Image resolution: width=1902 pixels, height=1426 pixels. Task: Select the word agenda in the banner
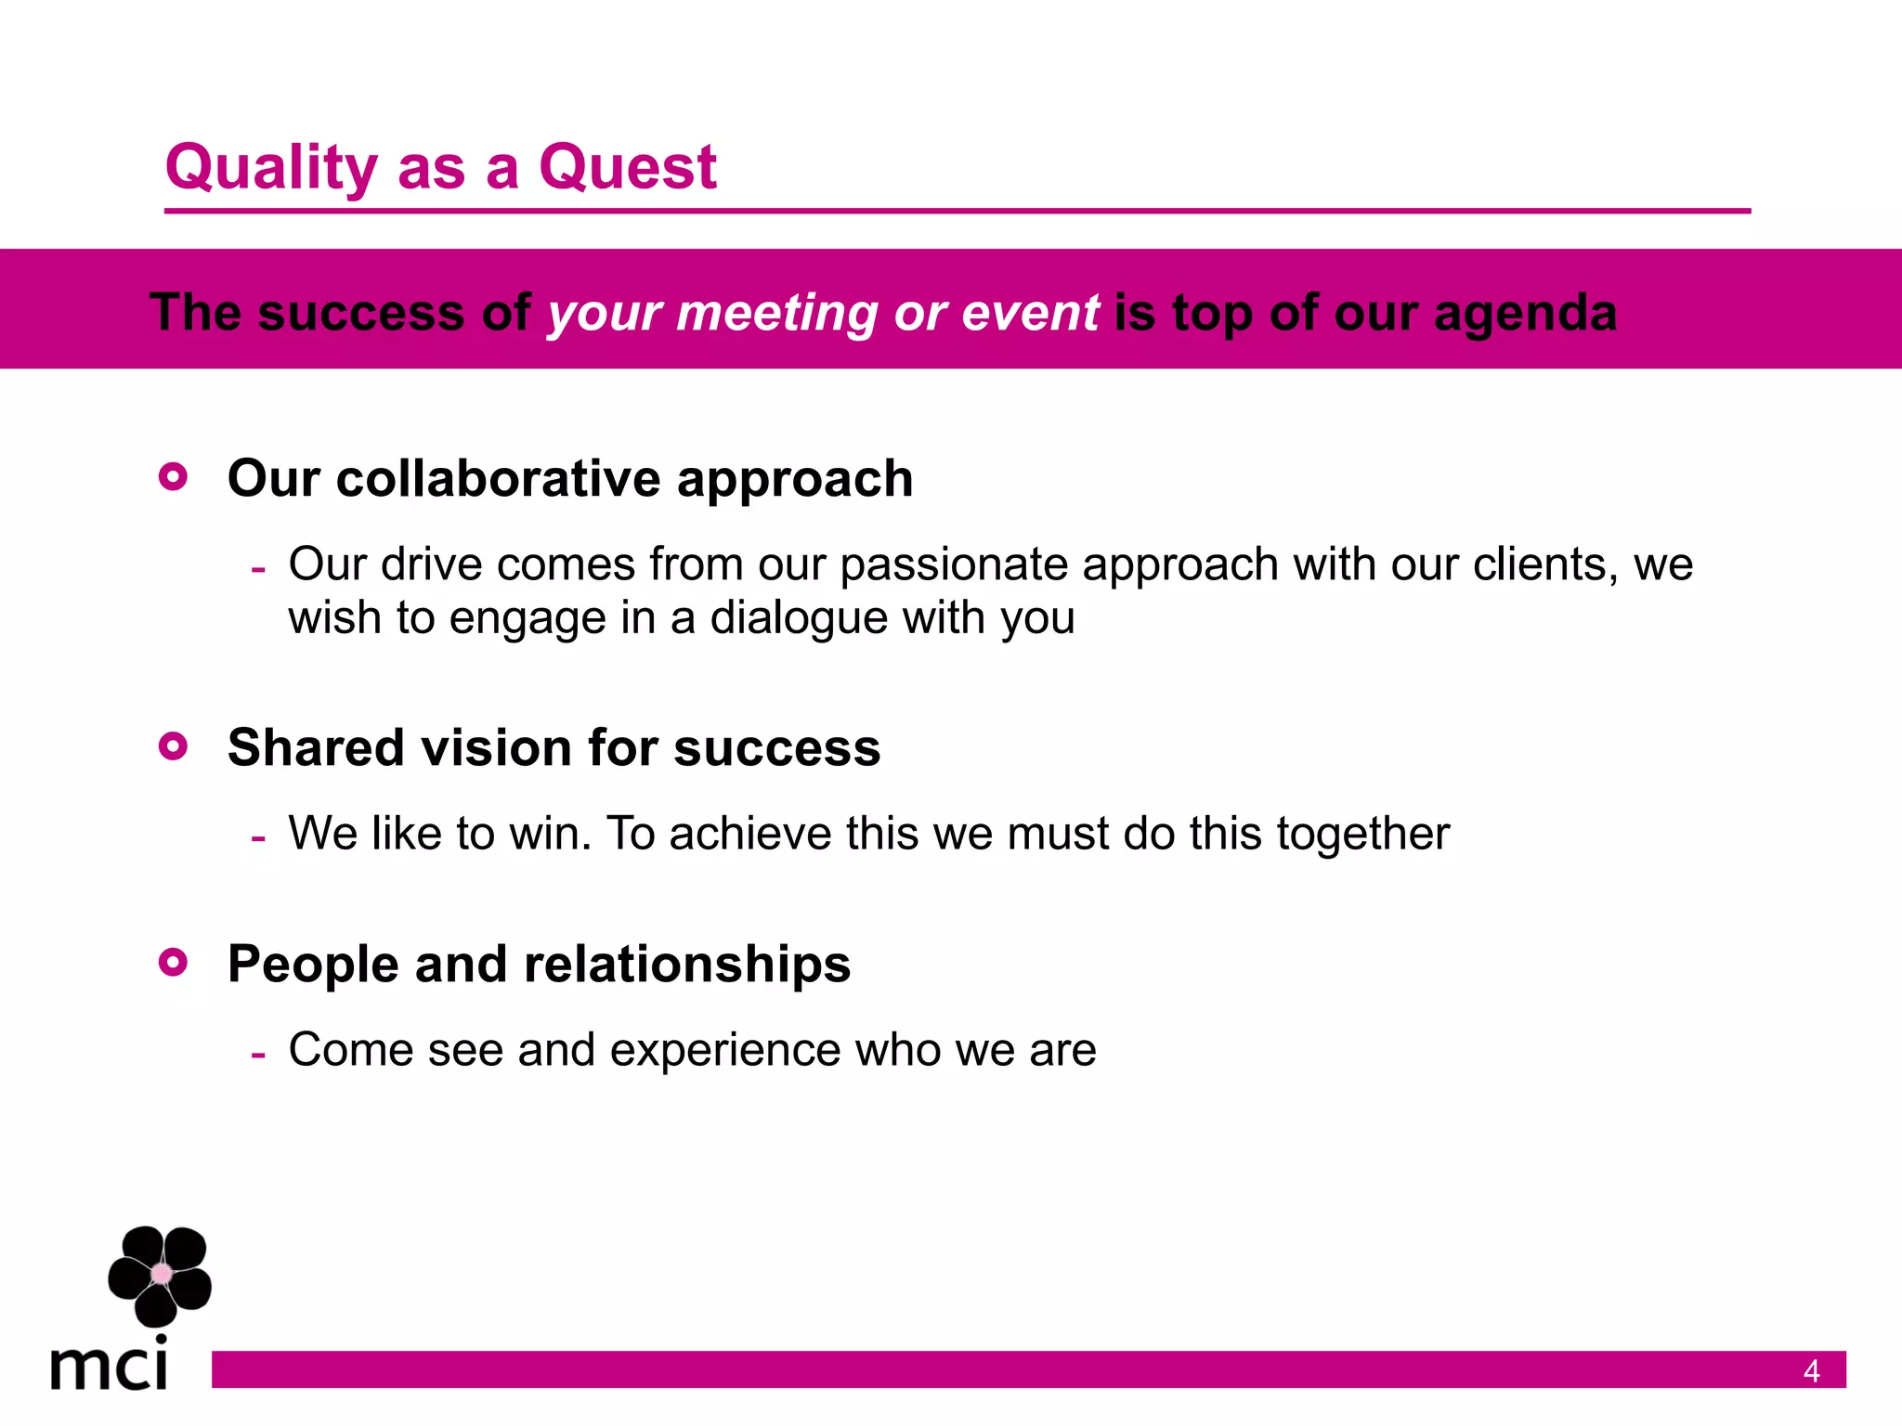(x=1525, y=313)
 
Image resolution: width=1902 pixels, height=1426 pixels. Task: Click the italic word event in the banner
(x=1030, y=313)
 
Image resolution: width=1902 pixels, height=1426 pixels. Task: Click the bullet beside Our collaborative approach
(x=174, y=477)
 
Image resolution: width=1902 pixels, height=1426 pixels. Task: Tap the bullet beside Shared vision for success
(x=174, y=746)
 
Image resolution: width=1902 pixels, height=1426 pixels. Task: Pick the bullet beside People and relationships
(x=174, y=963)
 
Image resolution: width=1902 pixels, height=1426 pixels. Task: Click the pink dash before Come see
(x=259, y=1055)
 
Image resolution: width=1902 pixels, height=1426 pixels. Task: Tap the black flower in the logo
(x=160, y=1275)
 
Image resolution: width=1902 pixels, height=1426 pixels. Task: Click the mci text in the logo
(x=110, y=1366)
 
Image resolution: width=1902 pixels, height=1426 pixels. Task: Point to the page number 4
(x=1811, y=1371)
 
